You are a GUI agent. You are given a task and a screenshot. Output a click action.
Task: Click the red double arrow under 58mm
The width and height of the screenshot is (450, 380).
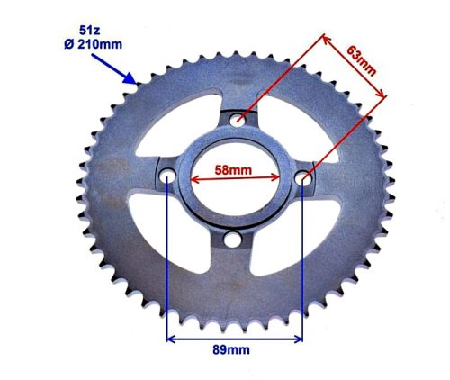coord(235,179)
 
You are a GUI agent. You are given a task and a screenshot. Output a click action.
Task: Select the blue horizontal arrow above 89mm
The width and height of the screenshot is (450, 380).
coord(234,339)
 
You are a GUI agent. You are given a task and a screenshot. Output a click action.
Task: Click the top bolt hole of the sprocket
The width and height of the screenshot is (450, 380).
coord(238,118)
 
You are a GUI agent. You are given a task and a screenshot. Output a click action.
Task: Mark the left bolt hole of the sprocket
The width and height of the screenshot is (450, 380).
coord(168,177)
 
